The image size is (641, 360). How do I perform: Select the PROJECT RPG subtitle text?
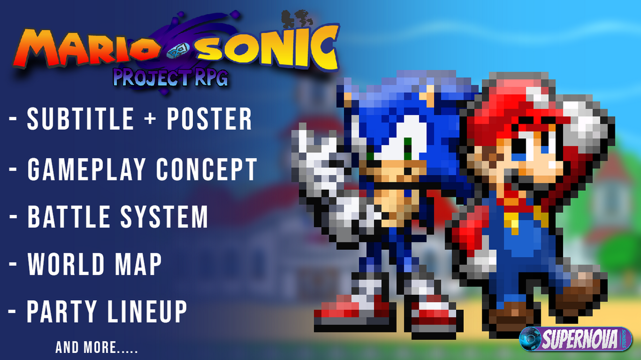171,77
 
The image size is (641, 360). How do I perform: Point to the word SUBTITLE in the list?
81,119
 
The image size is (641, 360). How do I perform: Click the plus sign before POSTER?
150,119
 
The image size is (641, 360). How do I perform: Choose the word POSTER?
209,119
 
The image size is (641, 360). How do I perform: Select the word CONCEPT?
206,169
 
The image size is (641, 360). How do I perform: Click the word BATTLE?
69,216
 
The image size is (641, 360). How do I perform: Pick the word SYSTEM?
164,216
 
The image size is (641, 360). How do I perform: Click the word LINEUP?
147,311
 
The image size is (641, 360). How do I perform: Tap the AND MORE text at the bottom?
97,347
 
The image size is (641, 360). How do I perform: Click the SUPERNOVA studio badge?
575,339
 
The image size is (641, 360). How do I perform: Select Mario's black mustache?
518,179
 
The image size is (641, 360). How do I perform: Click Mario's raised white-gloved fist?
584,124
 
